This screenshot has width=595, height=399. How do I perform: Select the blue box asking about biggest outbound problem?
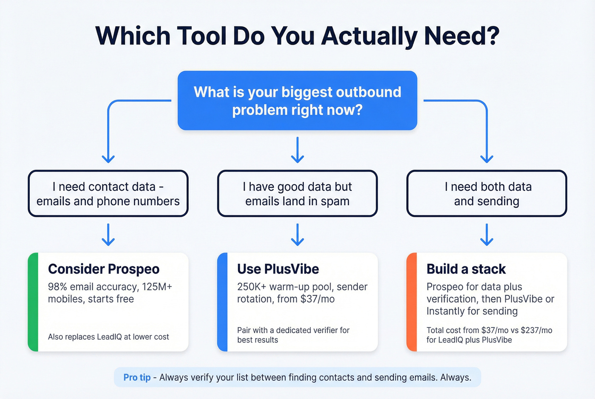click(297, 100)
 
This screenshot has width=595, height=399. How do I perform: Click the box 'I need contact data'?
click(108, 194)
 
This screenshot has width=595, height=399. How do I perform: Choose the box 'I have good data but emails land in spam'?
click(297, 194)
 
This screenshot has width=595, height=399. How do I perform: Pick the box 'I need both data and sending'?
click(487, 194)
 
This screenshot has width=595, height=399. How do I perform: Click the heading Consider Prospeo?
click(104, 269)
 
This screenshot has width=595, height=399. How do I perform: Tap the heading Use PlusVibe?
click(278, 269)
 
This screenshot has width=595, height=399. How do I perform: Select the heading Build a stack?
click(466, 269)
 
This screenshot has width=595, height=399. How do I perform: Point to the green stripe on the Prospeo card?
click(33, 302)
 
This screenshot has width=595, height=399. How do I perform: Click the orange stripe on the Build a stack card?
click(411, 302)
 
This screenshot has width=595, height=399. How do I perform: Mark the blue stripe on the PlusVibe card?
click(222, 302)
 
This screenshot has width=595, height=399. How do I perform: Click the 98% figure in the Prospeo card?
click(57, 287)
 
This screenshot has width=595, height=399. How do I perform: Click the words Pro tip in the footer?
click(137, 377)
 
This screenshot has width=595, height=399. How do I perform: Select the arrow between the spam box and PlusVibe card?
click(297, 235)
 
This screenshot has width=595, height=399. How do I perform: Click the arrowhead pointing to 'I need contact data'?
click(108, 159)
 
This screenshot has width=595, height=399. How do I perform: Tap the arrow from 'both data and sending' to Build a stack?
click(487, 235)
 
